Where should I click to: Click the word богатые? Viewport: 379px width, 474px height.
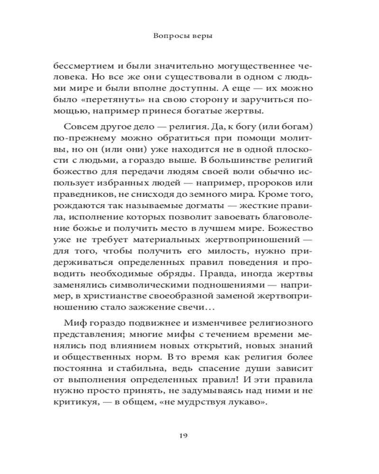[x=210, y=111]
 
